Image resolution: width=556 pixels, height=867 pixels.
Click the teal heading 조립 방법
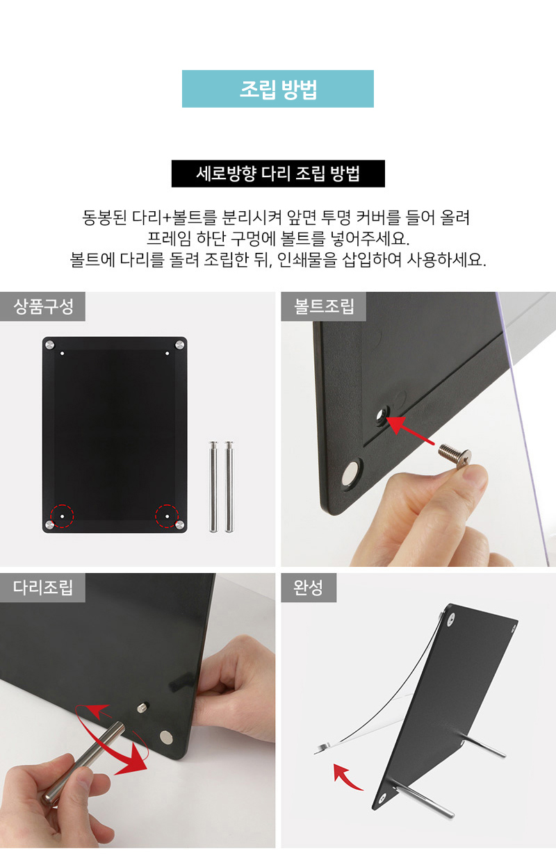[278, 89]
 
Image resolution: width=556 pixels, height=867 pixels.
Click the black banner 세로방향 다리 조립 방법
[278, 174]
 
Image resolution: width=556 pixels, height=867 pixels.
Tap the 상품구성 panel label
[42, 306]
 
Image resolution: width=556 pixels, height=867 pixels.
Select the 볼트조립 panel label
[324, 306]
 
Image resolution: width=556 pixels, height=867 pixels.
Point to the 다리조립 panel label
[42, 588]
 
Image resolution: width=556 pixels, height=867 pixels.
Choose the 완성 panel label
[308, 588]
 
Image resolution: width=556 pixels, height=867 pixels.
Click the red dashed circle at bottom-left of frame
[62, 516]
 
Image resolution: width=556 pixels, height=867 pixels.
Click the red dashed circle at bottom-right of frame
[167, 516]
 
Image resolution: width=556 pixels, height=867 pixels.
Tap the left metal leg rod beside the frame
[213, 486]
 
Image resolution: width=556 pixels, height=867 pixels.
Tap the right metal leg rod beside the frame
[229, 486]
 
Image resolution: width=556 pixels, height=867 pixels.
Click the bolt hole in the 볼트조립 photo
[382, 415]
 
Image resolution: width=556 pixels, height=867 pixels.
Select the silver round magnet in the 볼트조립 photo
[352, 473]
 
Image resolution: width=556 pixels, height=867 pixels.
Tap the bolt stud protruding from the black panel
[143, 707]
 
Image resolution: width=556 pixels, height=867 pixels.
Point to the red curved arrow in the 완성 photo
[347, 777]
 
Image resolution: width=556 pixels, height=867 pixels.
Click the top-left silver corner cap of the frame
[49, 345]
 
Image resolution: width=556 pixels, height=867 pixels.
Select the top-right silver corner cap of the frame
[179, 345]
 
